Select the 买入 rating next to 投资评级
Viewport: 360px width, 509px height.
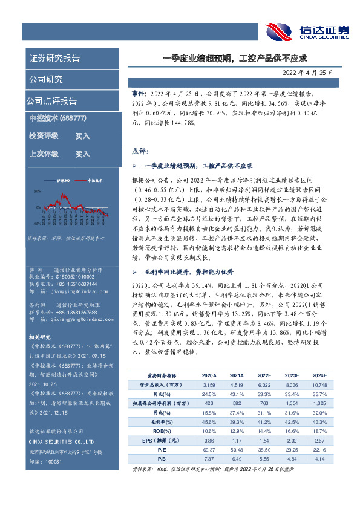(82, 136)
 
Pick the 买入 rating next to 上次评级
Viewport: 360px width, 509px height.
(82, 154)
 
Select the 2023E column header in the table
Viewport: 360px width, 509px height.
(293, 375)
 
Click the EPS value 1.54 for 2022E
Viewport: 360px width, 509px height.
(265, 440)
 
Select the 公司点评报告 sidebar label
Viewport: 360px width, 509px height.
(51, 100)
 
